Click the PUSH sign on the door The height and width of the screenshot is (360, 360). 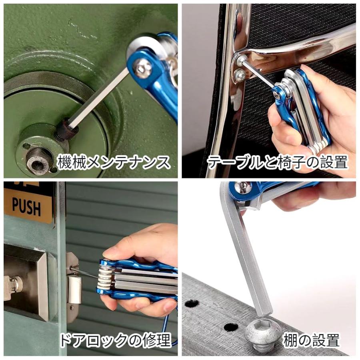point(26,206)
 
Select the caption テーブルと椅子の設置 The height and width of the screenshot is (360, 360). point(277,163)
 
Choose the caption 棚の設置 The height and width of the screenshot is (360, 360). point(311,341)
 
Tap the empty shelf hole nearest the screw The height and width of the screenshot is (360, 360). point(231,327)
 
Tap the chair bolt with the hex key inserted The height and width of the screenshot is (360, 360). point(242,60)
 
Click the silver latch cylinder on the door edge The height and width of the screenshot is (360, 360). point(74,289)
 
